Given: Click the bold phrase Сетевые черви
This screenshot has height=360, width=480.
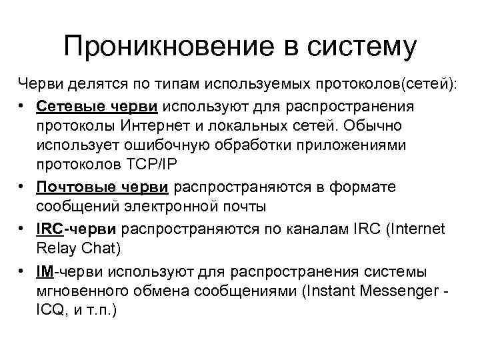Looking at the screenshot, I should pyautogui.click(x=97, y=107).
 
